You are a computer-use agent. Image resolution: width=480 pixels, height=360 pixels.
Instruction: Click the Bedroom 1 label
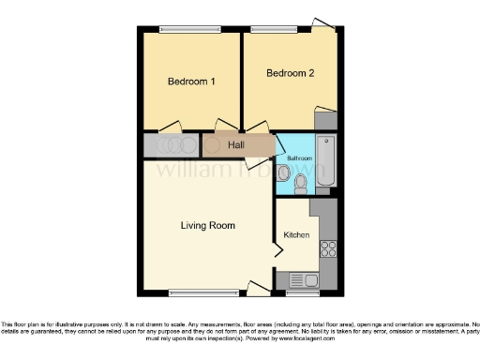[191, 82]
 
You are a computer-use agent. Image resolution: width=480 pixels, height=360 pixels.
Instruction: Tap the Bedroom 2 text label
[290, 72]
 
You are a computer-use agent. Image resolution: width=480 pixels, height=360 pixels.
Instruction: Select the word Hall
[236, 145]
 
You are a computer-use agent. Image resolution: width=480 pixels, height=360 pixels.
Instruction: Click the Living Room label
[207, 225]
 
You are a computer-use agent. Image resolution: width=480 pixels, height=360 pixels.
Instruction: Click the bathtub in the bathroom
[326, 161]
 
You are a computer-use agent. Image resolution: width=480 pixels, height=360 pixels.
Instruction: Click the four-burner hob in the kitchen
[328, 248]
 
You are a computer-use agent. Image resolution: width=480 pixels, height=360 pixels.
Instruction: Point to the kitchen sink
[306, 279]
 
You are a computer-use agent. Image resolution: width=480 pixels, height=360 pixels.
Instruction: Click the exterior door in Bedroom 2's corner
[324, 22]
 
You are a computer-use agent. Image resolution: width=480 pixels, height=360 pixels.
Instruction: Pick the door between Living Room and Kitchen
[277, 249]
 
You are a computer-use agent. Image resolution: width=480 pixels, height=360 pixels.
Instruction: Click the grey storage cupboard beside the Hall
[171, 145]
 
